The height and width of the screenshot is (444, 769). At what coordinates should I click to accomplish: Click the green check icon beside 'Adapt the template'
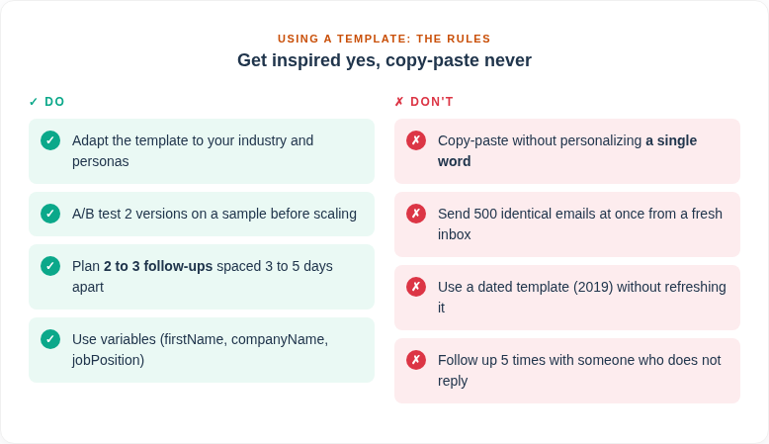point(50,140)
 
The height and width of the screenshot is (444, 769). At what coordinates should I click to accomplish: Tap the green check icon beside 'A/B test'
point(50,214)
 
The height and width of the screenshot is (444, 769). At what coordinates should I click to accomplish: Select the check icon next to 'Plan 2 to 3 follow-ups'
point(50,266)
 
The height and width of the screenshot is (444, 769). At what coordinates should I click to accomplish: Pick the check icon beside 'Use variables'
point(50,339)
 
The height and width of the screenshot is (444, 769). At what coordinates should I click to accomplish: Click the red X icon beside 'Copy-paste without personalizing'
point(416,140)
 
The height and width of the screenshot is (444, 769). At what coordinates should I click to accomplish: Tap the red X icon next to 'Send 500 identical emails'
point(416,214)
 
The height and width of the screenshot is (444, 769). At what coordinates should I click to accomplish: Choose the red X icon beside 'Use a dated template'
point(416,287)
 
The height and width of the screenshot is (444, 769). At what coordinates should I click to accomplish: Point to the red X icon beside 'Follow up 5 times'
point(416,360)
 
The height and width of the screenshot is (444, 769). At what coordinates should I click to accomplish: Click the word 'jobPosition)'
point(108,360)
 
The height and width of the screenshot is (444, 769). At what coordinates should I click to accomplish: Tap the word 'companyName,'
point(280,339)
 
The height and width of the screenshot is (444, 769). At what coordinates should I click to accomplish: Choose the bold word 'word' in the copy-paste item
point(454,161)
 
